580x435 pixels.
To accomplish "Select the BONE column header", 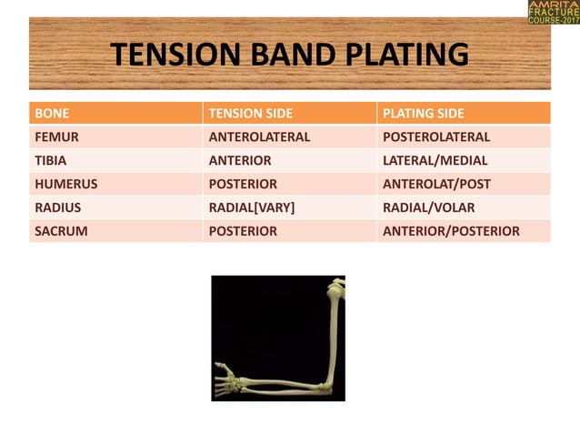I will click(52, 114).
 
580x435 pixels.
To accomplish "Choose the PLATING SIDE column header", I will click(424, 114).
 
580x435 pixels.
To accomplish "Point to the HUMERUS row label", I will click(65, 184).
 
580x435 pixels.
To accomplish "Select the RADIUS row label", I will click(57, 207).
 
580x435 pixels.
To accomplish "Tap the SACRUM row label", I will click(61, 231).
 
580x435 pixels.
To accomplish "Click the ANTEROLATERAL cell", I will click(260, 137).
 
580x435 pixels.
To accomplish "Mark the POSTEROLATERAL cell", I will click(436, 137).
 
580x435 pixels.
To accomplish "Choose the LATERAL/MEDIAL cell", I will click(435, 160).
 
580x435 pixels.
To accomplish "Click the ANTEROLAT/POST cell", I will click(435, 184).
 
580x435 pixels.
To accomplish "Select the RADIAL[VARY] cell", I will click(252, 207).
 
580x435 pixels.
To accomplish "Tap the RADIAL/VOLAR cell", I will click(428, 207).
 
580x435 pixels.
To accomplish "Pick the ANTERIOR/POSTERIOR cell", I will click(451, 231).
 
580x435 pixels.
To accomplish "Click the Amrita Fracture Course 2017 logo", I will click(553, 12).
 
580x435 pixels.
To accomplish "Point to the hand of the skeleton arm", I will click(229, 376).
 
